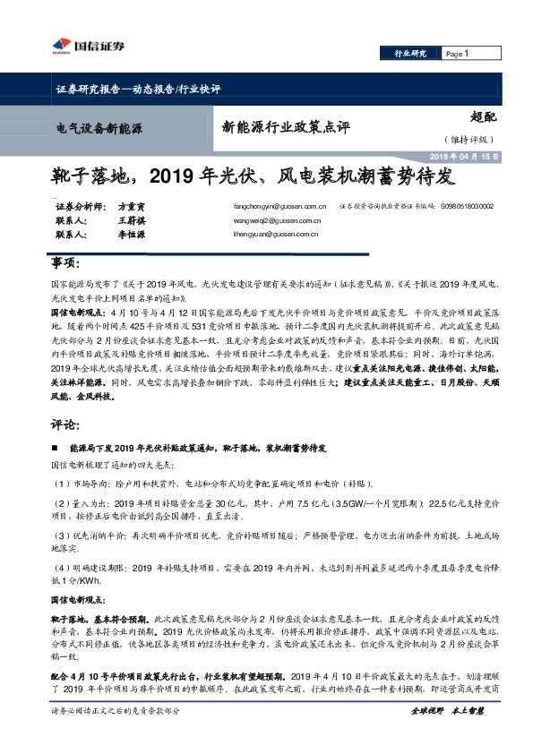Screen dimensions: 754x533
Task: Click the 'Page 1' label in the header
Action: click(x=458, y=54)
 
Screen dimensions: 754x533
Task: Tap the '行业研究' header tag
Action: click(x=411, y=54)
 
